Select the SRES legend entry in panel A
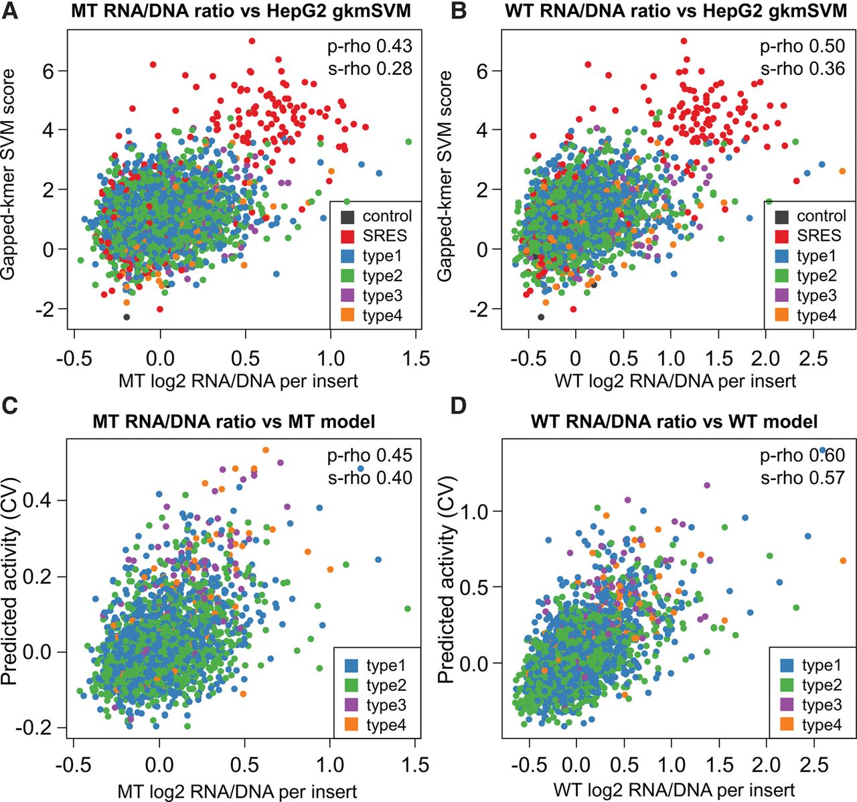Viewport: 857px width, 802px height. [383, 236]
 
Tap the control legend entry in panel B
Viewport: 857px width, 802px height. [821, 216]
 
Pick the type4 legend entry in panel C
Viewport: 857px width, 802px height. [386, 725]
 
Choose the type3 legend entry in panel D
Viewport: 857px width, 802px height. [821, 705]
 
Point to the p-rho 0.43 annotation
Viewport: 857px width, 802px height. [370, 46]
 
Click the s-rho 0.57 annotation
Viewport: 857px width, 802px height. [803, 478]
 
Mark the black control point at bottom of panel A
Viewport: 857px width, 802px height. [127, 317]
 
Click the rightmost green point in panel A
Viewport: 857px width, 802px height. [408, 141]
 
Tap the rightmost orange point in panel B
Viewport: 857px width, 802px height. [842, 171]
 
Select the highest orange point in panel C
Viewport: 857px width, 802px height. [266, 450]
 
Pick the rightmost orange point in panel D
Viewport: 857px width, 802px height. [843, 560]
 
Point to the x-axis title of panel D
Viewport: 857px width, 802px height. [674, 789]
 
